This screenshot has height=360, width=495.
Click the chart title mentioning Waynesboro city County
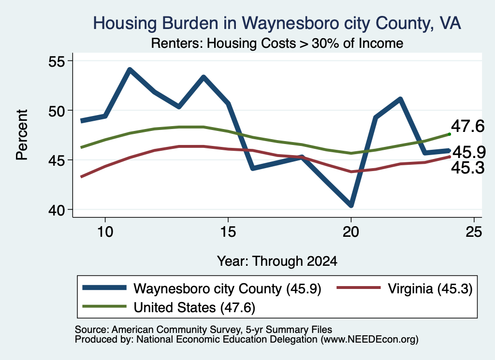(277, 23)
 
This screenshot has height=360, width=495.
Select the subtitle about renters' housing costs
(277, 43)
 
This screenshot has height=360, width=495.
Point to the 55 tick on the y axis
(56, 61)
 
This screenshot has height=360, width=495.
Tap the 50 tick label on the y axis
(56, 111)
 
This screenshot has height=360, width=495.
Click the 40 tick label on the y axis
(56, 210)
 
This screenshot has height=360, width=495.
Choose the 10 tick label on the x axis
(105, 232)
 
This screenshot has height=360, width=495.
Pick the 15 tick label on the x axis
(228, 232)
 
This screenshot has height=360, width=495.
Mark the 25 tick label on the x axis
(474, 232)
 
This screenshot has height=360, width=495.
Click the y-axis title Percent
(22, 135)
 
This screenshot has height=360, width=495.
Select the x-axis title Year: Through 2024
(277, 261)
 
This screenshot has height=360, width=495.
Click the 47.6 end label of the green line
(467, 126)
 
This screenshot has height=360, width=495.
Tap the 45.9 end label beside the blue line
(469, 152)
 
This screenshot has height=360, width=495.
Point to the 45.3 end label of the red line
(467, 168)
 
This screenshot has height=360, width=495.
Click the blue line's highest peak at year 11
(130, 70)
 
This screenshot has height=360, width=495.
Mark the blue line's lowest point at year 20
(351, 205)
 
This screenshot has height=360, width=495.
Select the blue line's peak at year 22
(400, 100)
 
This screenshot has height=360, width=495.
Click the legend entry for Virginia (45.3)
(405, 288)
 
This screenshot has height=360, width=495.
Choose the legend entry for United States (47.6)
(169, 307)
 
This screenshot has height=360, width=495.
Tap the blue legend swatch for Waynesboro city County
(104, 288)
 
